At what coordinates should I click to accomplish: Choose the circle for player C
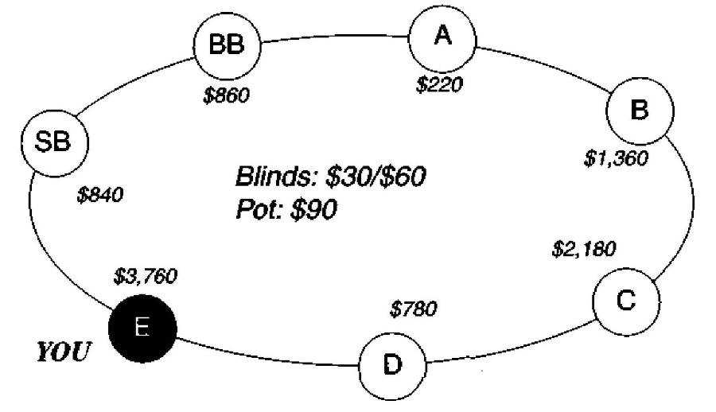point(626,301)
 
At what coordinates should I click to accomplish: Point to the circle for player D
point(391,365)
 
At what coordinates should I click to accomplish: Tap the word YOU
point(63,352)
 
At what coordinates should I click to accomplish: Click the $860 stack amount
point(227,96)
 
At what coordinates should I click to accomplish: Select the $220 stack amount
point(439,84)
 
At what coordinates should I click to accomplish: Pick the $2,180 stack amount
point(583,249)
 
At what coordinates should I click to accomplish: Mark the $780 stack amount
point(414,308)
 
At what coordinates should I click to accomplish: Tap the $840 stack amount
point(100,195)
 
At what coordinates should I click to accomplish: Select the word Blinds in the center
point(268,177)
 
